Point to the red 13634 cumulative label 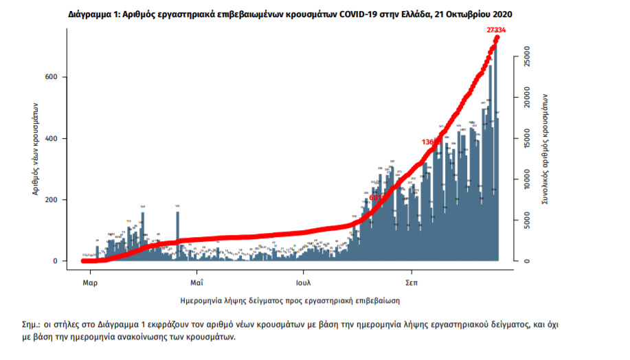432,142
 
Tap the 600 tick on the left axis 60,77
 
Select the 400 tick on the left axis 60,139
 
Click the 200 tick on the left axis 60,200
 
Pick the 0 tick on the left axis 63,261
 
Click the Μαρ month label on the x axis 89,282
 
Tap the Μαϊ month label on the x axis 196,282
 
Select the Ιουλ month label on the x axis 304,282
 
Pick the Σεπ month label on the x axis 412,282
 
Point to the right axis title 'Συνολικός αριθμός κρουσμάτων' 544,150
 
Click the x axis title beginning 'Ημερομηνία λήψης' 290,301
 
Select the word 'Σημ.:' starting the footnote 33,324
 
